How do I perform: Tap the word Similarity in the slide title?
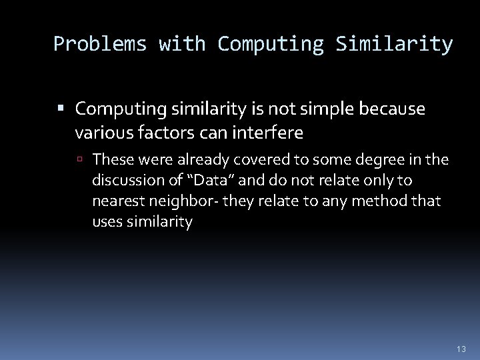pos(395,45)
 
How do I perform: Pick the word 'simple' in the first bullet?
pos(332,109)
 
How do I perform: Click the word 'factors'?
pos(169,133)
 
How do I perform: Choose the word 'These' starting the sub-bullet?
pos(111,160)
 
